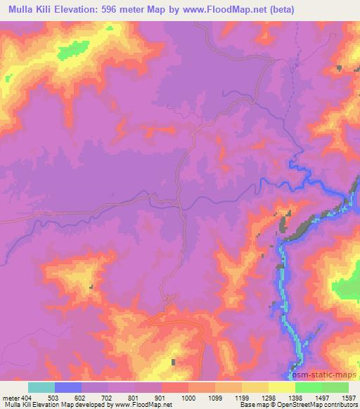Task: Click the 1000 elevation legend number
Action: click(x=188, y=397)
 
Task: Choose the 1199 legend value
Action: click(x=241, y=397)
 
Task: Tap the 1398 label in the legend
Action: click(x=295, y=397)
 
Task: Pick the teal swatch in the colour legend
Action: click(x=41, y=387)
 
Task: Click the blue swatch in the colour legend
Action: click(x=68, y=387)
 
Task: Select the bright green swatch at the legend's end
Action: click(x=335, y=387)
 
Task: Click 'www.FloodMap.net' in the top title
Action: click(x=221, y=10)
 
